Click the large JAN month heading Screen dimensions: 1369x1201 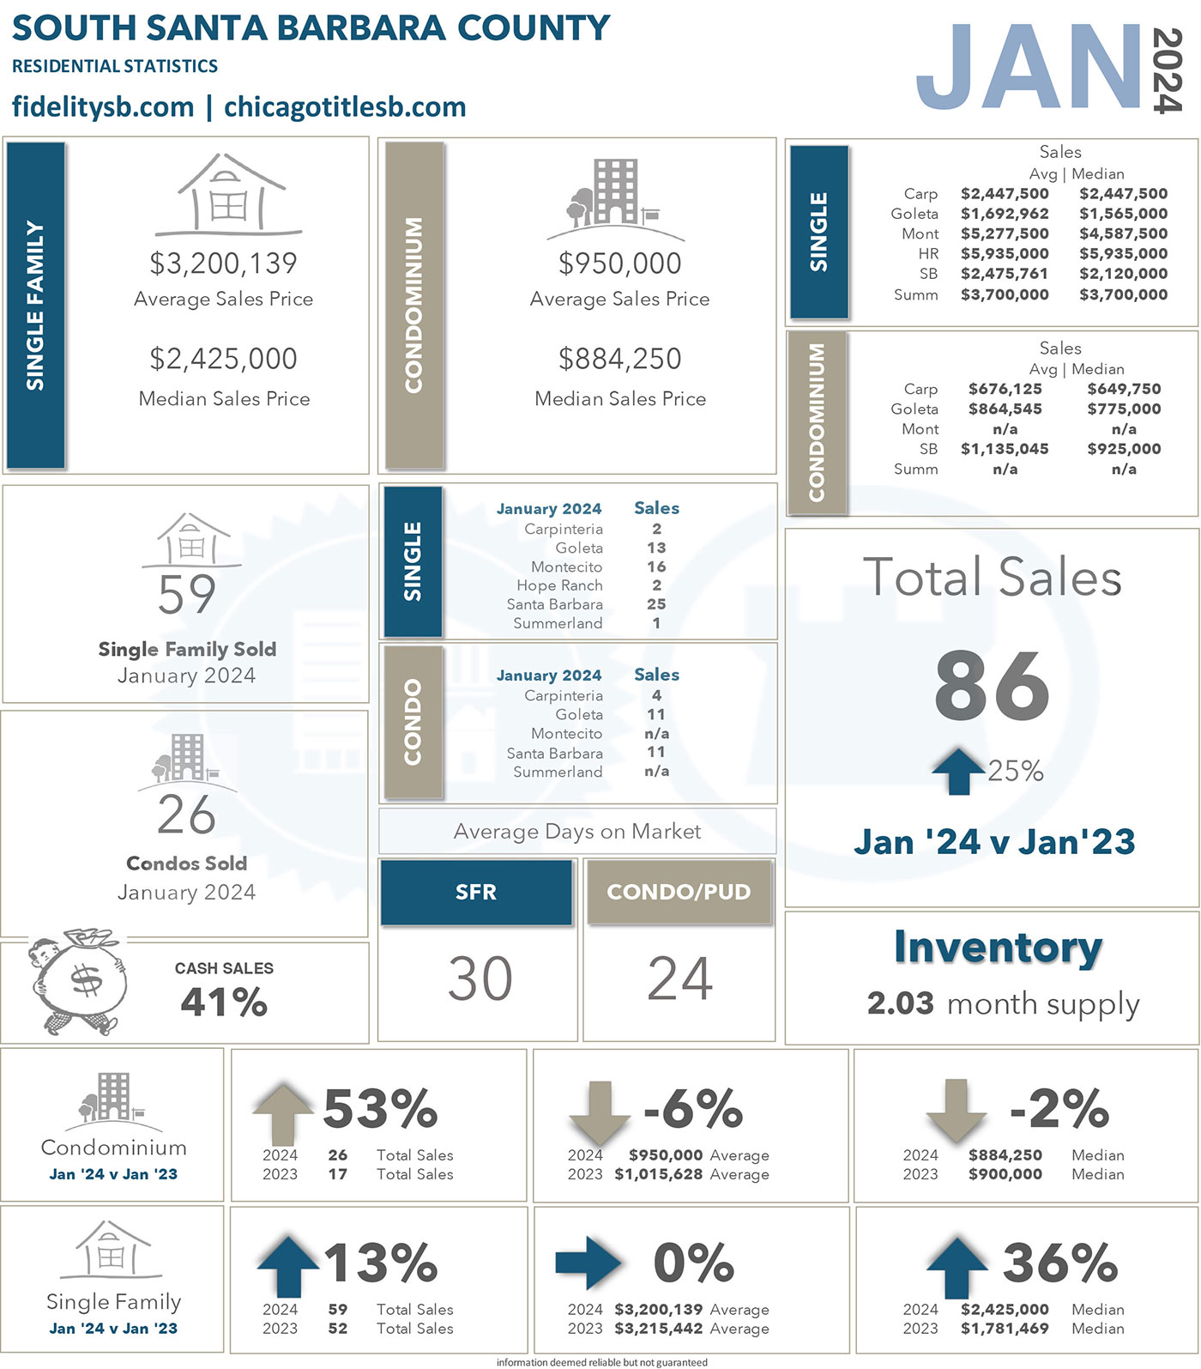coord(1029,67)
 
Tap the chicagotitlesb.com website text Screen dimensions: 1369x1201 coord(345,107)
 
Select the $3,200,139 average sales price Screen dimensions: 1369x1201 coord(223,264)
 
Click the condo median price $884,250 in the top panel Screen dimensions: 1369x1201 coord(619,359)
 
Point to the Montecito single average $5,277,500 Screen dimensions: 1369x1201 coord(1005,233)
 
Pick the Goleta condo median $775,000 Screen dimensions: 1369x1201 coord(1124,409)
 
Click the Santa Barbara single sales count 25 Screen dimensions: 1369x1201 coord(656,604)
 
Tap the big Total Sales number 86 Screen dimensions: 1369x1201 coord(992,687)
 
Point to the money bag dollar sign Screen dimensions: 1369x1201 coord(86,980)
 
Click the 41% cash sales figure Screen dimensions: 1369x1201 coord(224,1002)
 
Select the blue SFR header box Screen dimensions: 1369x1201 coord(476,893)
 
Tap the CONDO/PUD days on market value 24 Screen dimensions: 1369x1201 coord(679,978)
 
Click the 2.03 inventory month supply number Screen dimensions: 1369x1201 coord(900,1003)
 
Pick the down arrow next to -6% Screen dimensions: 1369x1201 coord(599,1112)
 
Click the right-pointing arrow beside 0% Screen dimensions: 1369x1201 coord(588,1263)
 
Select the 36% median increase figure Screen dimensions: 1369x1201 coord(1060,1263)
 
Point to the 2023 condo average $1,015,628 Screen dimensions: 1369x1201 coord(658,1174)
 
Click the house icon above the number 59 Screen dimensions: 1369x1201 coord(192,541)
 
